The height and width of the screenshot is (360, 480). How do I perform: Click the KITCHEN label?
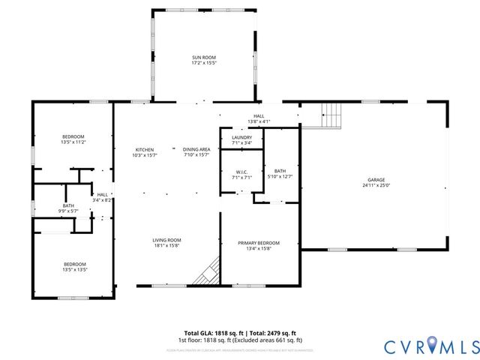click(144, 149)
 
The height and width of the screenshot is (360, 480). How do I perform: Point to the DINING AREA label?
click(196, 149)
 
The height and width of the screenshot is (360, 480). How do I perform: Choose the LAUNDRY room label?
click(241, 137)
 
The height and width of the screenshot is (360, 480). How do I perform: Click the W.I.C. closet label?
click(241, 172)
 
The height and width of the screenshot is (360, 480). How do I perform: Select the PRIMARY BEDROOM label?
click(259, 243)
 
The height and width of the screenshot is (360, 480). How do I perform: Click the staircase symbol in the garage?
click(331, 115)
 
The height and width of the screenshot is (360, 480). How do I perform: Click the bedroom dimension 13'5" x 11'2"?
click(73, 142)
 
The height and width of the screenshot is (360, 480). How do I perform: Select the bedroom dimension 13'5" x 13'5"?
click(74, 270)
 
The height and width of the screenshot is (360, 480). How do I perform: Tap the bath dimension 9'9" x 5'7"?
click(68, 211)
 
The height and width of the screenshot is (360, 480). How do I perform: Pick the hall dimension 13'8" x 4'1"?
click(258, 121)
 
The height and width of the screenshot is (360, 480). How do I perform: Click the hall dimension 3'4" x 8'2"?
click(102, 200)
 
